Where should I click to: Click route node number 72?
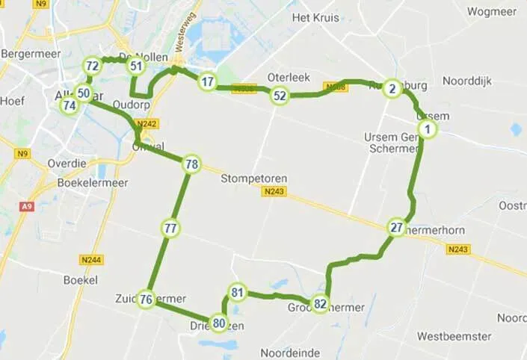pos(92,66)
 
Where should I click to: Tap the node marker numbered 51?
pos(135,66)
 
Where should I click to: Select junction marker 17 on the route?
pos(207,82)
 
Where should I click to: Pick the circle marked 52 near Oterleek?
pos(280,96)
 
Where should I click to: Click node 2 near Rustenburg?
pos(392,89)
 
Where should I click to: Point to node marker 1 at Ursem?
pos(427,130)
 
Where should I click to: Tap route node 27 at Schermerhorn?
pos(397,228)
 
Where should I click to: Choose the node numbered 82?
pos(321,303)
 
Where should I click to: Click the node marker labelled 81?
pos(238,292)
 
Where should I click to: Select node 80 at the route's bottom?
pos(218,323)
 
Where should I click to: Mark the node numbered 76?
pos(147,300)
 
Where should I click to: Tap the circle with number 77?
pos(171,229)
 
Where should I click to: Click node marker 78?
pos(191,164)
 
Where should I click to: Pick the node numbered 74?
pos(70,105)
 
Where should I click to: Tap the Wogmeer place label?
pos(492,11)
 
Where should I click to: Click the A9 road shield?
pos(28,205)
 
